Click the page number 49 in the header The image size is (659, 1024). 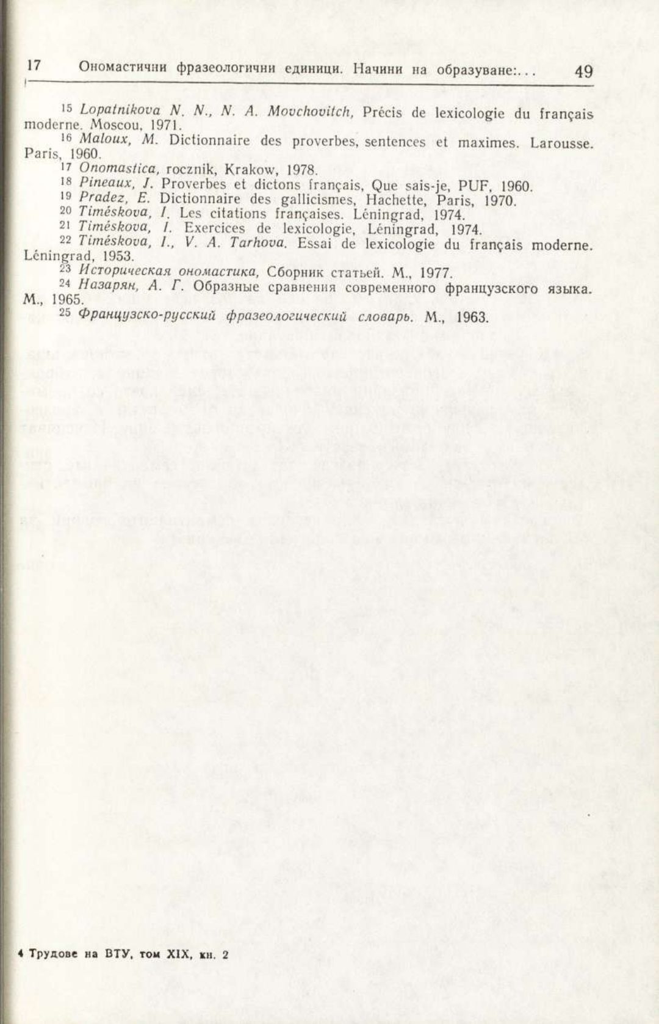coord(583,72)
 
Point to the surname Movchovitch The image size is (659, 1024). coord(309,112)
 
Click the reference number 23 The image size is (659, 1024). coord(66,269)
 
